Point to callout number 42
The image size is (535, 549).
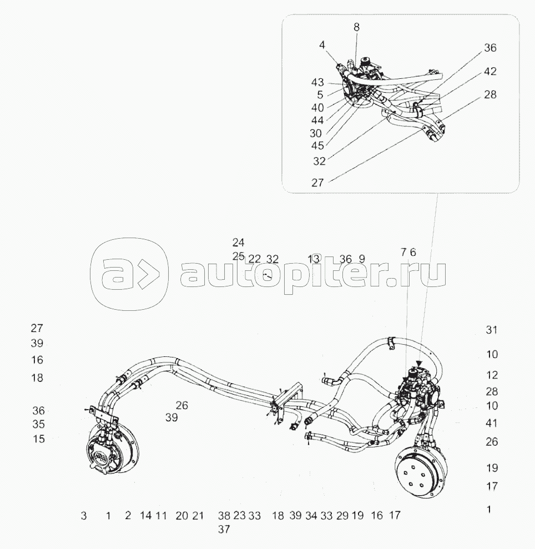pos(490,71)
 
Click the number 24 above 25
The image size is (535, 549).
pos(239,243)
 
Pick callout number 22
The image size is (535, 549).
pos(254,259)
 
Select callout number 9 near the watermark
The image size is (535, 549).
pos(362,259)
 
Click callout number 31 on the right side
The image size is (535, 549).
pos(491,330)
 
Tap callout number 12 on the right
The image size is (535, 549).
pos(492,375)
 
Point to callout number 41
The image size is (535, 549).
pos(491,423)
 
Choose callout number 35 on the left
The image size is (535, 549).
pos(38,425)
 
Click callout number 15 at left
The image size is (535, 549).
pos(38,439)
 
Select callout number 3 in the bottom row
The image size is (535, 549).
pos(84,516)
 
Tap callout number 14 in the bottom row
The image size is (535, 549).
pos(145,516)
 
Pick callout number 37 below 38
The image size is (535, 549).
pos(224,530)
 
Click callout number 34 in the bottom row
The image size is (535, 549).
pos(311,516)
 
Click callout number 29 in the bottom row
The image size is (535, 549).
pos(342,516)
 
